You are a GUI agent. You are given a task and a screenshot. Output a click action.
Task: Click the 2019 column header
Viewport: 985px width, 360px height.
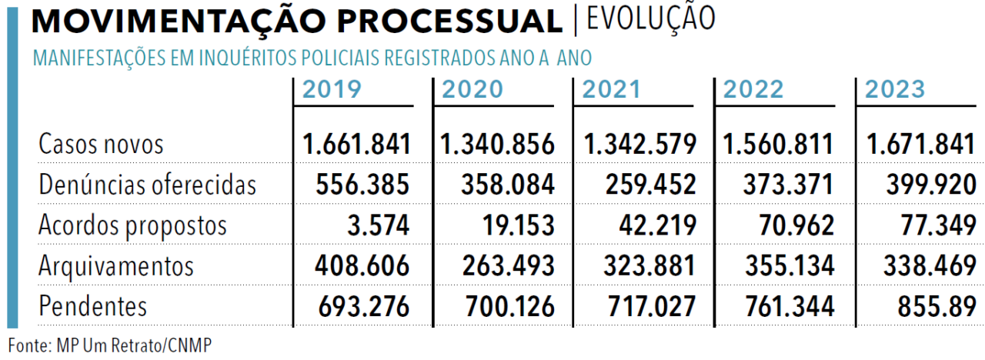point(332,89)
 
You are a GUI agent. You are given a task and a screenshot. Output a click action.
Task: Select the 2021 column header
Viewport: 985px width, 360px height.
point(611,89)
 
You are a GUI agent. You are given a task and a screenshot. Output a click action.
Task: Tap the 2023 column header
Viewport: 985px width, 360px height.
point(895,89)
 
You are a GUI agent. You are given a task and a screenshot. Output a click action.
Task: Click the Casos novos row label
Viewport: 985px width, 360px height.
point(101,144)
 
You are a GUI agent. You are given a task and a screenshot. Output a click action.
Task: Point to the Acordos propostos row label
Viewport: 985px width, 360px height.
point(133,226)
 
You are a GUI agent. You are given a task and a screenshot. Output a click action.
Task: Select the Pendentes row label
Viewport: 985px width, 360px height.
point(93,306)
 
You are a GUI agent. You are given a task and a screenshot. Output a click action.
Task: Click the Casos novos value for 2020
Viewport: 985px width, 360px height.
point(497,144)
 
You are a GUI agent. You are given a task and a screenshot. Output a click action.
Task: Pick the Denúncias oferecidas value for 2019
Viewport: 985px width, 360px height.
point(362,184)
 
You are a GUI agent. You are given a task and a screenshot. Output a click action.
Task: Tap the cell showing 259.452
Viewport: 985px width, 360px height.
point(650,184)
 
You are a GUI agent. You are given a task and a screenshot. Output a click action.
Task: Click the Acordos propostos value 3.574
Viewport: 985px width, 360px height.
point(378,225)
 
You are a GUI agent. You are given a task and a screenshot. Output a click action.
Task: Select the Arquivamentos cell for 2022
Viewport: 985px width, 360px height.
point(790,265)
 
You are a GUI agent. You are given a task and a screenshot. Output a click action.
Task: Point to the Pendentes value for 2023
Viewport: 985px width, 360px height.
point(937,306)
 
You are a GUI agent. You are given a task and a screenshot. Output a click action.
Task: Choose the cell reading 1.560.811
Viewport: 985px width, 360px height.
point(778,144)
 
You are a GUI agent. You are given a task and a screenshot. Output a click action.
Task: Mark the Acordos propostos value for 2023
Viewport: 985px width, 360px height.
point(938,225)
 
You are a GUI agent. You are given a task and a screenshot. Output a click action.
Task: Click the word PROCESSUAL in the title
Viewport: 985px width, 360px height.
point(450,21)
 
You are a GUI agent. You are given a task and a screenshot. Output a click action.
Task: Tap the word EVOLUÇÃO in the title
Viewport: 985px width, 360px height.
point(651,18)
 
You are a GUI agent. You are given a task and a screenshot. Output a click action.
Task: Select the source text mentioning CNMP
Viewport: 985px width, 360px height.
point(109,345)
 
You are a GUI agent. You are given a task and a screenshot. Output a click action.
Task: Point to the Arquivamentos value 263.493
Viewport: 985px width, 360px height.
point(508,265)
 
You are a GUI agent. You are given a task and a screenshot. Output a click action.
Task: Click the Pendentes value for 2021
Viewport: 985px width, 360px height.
point(652,306)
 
